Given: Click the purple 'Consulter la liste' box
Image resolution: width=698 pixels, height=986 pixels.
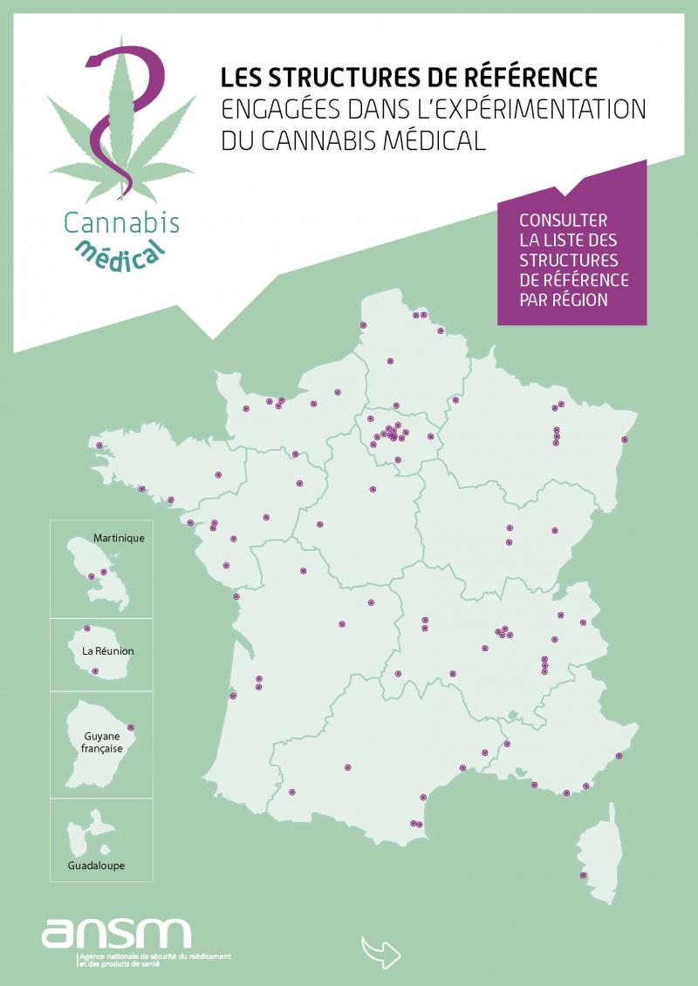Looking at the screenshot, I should [571, 260].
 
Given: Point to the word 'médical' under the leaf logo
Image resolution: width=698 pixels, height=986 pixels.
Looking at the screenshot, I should [121, 250].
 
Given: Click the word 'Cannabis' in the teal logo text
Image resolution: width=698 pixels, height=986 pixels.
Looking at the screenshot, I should [121, 222].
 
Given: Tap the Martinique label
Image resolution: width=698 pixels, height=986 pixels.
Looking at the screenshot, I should [119, 538].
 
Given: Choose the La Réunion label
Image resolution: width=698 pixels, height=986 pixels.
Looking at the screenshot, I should [102, 651].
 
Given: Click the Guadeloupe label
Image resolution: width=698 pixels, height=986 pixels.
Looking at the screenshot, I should [97, 866].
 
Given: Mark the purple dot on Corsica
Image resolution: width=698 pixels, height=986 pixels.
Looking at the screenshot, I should [583, 875].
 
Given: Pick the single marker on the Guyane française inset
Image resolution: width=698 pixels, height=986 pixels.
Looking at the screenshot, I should [131, 728].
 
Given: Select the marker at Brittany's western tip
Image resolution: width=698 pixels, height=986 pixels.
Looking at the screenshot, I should [99, 445].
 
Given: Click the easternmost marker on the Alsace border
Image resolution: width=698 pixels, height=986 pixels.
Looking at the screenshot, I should [625, 439].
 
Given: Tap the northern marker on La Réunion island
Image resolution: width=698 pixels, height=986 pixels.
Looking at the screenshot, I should [86, 629].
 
